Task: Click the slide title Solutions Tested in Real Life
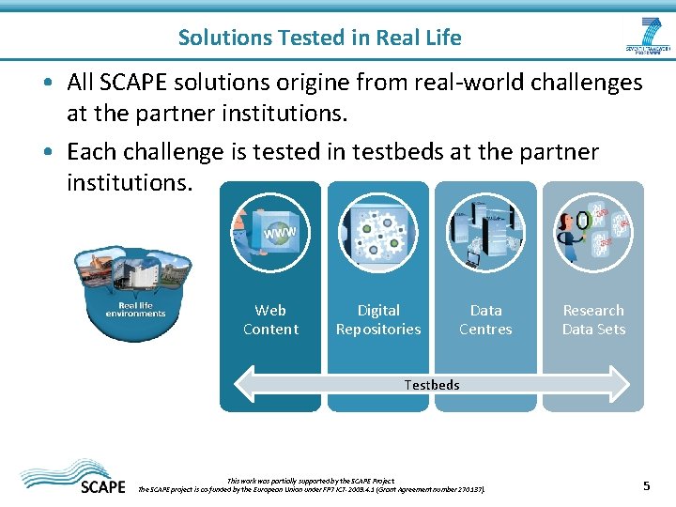pyautogui.click(x=319, y=38)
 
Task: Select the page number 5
pyautogui.click(x=646, y=485)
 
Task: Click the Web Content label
pyautogui.click(x=270, y=320)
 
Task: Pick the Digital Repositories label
pyautogui.click(x=378, y=320)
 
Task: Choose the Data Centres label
pyautogui.click(x=485, y=320)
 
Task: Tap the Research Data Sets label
pyautogui.click(x=593, y=320)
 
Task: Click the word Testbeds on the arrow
pyautogui.click(x=432, y=385)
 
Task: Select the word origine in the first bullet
pyautogui.click(x=379, y=83)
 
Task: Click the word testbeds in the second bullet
pyautogui.click(x=371, y=152)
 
